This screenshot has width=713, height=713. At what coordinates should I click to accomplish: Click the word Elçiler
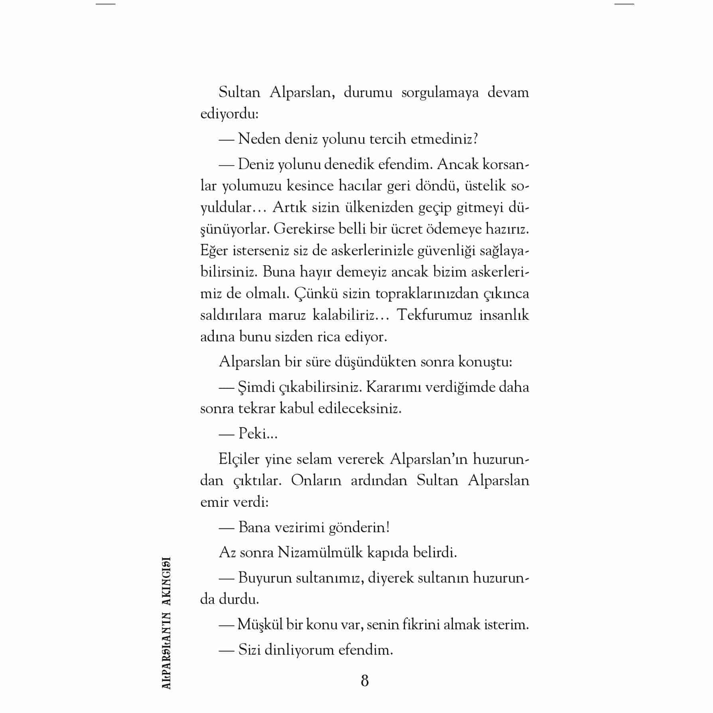239,459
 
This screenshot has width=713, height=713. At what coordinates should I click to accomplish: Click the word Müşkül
260,624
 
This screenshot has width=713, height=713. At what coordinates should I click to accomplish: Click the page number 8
364,681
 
